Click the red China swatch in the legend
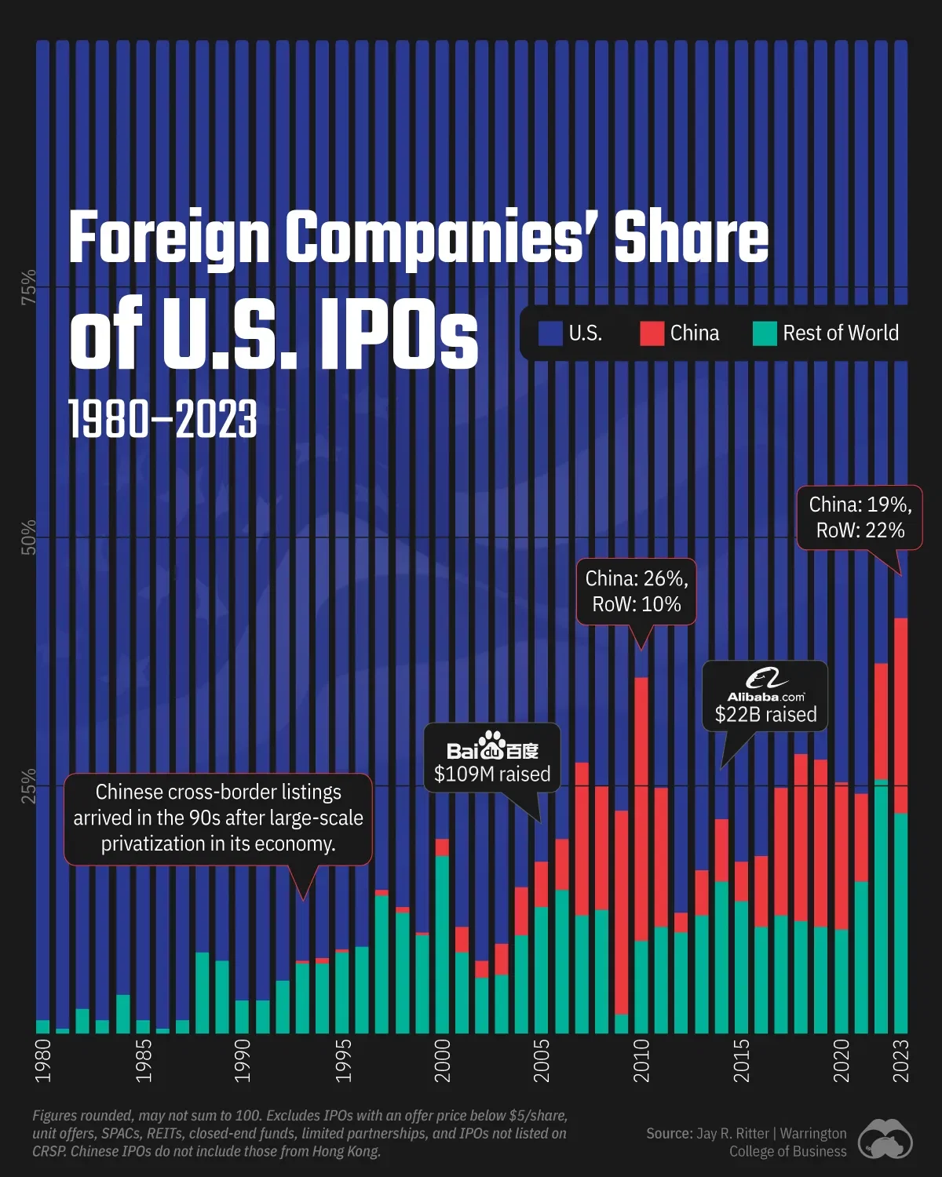(652, 333)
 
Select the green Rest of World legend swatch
(764, 333)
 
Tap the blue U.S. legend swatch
(551, 333)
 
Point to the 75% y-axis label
(29, 287)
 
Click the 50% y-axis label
(29, 537)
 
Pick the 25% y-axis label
(29, 785)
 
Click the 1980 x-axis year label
(43, 1060)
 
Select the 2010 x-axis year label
(641, 1060)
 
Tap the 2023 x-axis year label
(901, 1060)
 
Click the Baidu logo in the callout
(492, 748)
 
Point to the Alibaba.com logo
(765, 685)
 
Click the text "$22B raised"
(765, 715)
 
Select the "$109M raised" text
(492, 774)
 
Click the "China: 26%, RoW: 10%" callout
(637, 591)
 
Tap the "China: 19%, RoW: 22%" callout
(860, 517)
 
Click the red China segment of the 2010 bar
(641, 808)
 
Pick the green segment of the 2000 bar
(442, 942)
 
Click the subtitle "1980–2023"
(162, 419)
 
